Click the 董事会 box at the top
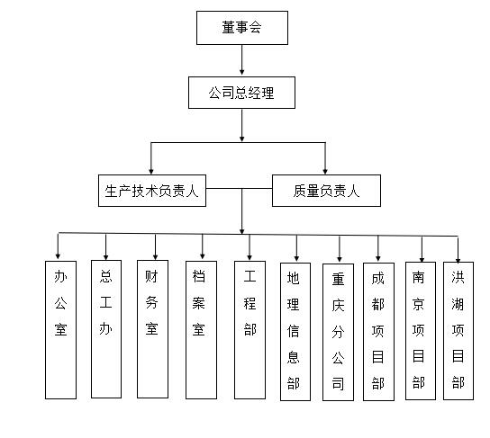click(x=242, y=28)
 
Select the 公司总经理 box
click(x=241, y=93)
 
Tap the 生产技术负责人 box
click(x=152, y=191)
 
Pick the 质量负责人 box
click(x=326, y=191)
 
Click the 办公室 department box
click(x=60, y=330)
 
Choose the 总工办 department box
click(x=106, y=329)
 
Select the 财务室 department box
click(x=152, y=329)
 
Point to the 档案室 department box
click(x=201, y=330)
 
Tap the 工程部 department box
click(x=250, y=330)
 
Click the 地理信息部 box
click(x=295, y=332)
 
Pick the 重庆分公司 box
click(x=338, y=332)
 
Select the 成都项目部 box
click(x=378, y=332)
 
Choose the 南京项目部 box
click(x=421, y=331)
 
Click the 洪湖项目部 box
click(x=458, y=331)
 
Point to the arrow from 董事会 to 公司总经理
click(x=242, y=60)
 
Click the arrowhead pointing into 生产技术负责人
click(x=151, y=171)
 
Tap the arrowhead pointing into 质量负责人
click(x=325, y=171)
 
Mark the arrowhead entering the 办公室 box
click(x=58, y=256)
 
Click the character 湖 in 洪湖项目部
click(x=458, y=304)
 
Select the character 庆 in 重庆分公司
click(x=338, y=306)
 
